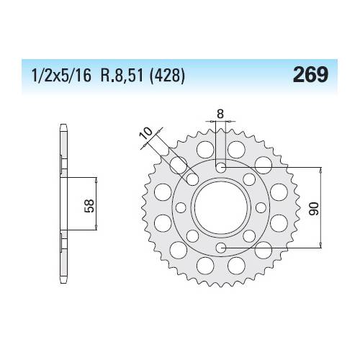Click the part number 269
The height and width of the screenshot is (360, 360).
tap(310, 74)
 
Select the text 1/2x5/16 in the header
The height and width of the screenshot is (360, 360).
tap(61, 76)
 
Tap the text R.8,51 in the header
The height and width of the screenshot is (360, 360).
tap(122, 76)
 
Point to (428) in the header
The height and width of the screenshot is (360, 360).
tap(167, 76)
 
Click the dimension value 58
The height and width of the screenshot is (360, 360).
tap(89, 206)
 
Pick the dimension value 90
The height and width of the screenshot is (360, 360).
tap(314, 209)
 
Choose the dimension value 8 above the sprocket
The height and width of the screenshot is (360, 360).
tap(220, 114)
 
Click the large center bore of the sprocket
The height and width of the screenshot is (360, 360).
tap(221, 208)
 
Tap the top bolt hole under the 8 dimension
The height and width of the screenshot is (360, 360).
tap(221, 168)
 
